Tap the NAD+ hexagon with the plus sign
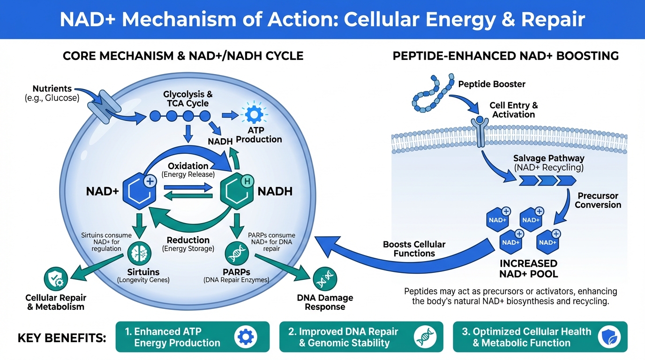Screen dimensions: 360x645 (x=139, y=192)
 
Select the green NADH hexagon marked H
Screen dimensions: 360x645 (x=237, y=192)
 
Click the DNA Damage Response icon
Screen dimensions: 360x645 (x=324, y=278)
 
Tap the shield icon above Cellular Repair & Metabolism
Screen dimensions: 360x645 (x=56, y=279)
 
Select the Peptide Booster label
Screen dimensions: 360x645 (x=492, y=84)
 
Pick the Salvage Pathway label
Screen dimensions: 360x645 (x=548, y=158)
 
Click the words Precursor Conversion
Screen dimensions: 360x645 (x=598, y=200)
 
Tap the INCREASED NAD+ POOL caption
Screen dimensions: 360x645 (x=528, y=268)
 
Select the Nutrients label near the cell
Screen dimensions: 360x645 (x=52, y=89)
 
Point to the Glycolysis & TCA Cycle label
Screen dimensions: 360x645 (x=187, y=99)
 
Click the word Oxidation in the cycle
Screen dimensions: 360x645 (x=188, y=166)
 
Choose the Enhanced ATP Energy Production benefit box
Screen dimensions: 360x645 (x=193, y=337)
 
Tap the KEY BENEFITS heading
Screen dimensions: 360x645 (x=62, y=337)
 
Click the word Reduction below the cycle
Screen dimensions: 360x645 (x=188, y=240)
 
